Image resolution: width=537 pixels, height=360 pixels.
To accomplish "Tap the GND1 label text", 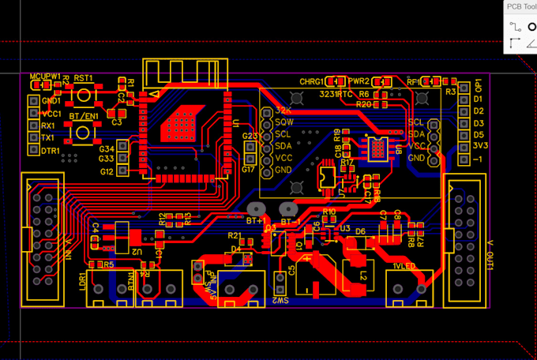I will [x=51, y=101].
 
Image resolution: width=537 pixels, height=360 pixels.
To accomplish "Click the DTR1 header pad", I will [x=33, y=151].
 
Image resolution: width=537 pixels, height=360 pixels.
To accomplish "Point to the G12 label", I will [x=107, y=171].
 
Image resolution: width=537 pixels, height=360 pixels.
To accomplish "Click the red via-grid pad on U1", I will [x=182, y=122].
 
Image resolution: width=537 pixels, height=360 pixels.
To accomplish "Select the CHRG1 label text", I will [x=311, y=81].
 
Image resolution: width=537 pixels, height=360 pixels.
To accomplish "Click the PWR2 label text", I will [x=359, y=81].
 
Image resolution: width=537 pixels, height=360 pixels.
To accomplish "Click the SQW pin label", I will [x=284, y=123].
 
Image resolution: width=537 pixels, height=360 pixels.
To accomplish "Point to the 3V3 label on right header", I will [x=479, y=146].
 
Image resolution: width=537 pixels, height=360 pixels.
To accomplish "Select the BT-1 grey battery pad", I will [x=287, y=209].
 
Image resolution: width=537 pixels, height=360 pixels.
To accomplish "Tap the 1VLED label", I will [x=404, y=267].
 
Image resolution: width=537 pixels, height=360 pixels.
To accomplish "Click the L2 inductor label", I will [x=365, y=276].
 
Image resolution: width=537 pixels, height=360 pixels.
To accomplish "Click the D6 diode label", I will [x=360, y=231].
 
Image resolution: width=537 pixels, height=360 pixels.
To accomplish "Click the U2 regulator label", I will [x=137, y=251].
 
